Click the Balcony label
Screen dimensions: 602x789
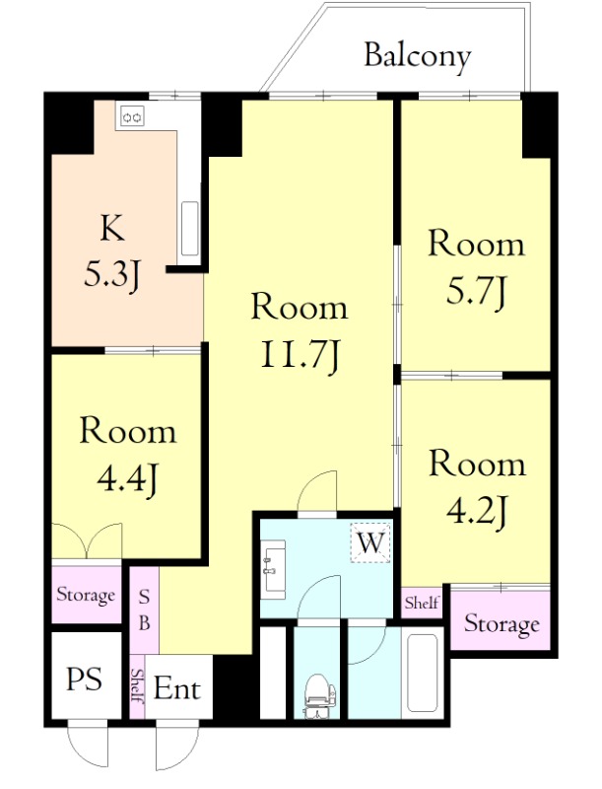[x=417, y=56]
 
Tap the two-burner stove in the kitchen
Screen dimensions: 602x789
[x=133, y=117]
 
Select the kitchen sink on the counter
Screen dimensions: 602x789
[x=190, y=229]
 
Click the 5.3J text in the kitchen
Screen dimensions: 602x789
[x=111, y=275]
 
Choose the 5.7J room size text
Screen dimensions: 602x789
[x=475, y=292]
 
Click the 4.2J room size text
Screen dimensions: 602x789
[x=475, y=512]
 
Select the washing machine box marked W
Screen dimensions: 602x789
[x=370, y=543]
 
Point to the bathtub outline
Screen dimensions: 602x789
[x=421, y=673]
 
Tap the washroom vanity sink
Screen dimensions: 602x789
[x=273, y=570]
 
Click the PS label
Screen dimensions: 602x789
[x=84, y=679]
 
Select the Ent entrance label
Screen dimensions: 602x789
[x=177, y=688]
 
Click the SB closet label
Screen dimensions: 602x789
[x=144, y=610]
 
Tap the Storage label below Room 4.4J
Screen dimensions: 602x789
[x=86, y=596]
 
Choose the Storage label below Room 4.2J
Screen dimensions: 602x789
[x=502, y=624]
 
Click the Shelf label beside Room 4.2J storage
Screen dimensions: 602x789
[x=422, y=603]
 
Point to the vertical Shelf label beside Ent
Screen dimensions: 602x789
[x=137, y=685]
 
